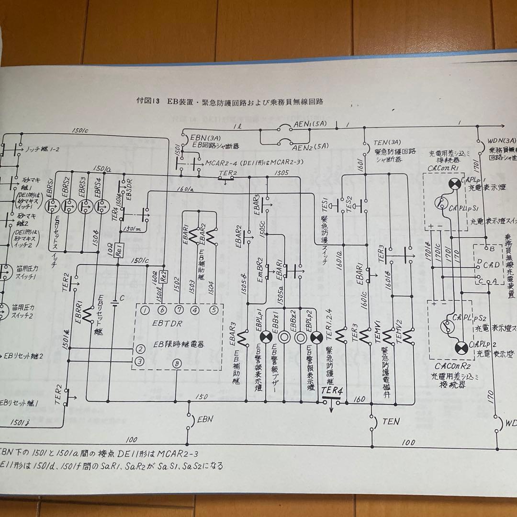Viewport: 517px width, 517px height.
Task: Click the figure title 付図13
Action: tap(148, 101)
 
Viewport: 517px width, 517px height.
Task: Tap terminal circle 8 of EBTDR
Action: tap(178, 363)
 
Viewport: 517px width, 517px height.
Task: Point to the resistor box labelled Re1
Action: tap(117, 249)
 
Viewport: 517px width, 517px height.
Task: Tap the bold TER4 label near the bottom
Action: tap(332, 391)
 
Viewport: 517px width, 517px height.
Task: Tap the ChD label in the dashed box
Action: tap(490, 265)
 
